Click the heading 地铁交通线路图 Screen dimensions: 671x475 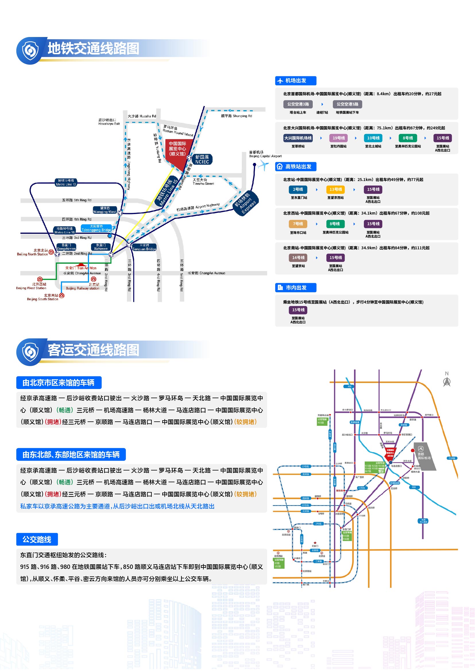coord(93,48)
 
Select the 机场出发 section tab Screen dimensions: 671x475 coord(296,81)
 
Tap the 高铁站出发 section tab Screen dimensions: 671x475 coord(296,167)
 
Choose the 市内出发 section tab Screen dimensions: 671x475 coord(296,287)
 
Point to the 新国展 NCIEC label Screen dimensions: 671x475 coord(202,159)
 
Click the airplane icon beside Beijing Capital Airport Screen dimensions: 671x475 coord(263,166)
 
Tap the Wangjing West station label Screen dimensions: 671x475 coord(105,210)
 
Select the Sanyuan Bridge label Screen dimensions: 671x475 coord(144,247)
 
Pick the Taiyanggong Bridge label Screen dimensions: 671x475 coord(96,228)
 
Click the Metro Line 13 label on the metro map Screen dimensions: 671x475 coord(66,182)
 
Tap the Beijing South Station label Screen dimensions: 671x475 coord(43,297)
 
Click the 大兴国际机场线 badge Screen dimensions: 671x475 coord(298,138)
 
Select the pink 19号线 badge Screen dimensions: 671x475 coord(338,138)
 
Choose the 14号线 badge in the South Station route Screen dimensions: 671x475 coord(298,257)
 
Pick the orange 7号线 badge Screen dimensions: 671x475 coord(298,224)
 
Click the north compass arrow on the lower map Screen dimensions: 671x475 coord(447,381)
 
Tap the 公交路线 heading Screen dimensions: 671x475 coord(37,539)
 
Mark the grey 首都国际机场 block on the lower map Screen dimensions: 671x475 coord(424,456)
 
